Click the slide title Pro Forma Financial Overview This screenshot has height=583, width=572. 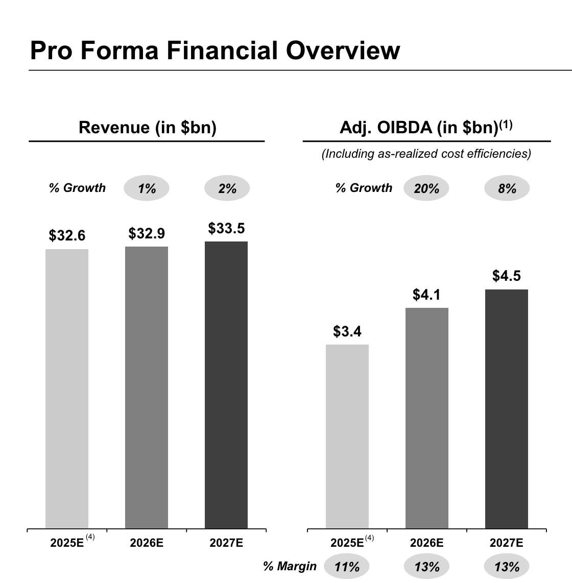pyautogui.click(x=214, y=51)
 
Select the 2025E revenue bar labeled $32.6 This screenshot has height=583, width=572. pyautogui.click(x=67, y=388)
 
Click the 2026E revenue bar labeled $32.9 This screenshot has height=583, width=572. pyautogui.click(x=147, y=387)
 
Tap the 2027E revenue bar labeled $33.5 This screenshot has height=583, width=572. pyautogui.click(x=226, y=385)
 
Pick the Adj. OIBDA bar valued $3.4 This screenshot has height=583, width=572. pyautogui.click(x=347, y=436)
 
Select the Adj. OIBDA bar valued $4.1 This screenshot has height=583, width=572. pyautogui.click(x=427, y=418)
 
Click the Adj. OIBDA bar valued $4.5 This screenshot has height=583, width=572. pyautogui.click(x=507, y=409)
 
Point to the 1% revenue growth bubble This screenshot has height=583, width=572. pyautogui.click(x=147, y=188)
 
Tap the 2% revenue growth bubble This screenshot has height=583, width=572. pyautogui.click(x=227, y=188)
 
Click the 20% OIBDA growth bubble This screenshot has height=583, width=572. pyautogui.click(x=426, y=188)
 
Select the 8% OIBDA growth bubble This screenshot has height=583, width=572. pyautogui.click(x=507, y=188)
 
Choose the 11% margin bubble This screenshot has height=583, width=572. pyautogui.click(x=347, y=566)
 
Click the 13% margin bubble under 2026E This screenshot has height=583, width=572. pyautogui.click(x=427, y=566)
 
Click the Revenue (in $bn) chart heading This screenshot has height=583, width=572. pyautogui.click(x=148, y=127)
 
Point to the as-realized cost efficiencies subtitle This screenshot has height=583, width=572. pyautogui.click(x=426, y=154)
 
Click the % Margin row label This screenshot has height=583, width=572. pyautogui.click(x=290, y=566)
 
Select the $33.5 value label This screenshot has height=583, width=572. pyautogui.click(x=226, y=228)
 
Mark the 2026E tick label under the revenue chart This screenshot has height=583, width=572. pyautogui.click(x=147, y=543)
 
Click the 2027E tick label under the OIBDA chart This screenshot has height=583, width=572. pyautogui.click(x=507, y=543)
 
